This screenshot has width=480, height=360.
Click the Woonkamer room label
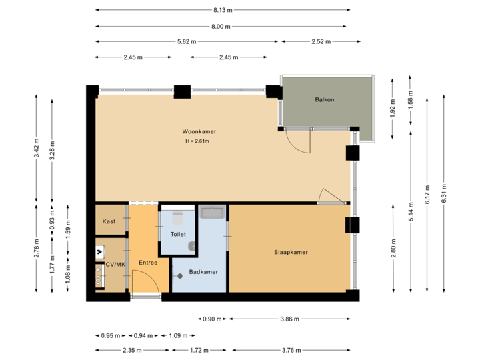coord(199,131)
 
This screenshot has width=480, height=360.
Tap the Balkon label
coord(325,100)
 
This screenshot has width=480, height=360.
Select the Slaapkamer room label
coord(291,252)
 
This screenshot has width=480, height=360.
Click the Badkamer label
coord(203,272)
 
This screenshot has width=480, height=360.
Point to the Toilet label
coord(178,235)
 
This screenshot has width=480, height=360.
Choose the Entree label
coord(147,263)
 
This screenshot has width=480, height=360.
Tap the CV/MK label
coord(115,265)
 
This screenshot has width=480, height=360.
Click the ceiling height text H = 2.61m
coord(198,141)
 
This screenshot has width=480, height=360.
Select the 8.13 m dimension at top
coord(223,10)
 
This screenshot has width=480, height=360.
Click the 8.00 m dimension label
coord(221,26)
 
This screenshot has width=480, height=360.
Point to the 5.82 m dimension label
coord(187,41)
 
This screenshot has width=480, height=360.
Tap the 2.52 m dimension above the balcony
coord(320,41)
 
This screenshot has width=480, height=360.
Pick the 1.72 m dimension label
coord(199,350)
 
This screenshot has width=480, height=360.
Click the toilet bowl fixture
coord(177,218)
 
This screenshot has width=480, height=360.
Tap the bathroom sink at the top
coord(213,213)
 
